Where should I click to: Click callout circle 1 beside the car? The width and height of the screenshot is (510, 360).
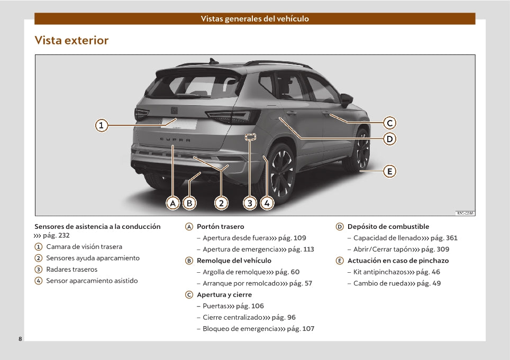(x=102, y=125)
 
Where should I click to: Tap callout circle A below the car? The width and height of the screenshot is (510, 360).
(x=172, y=204)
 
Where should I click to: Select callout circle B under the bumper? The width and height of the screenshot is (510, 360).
(x=189, y=204)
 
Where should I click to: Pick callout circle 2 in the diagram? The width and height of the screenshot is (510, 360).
(x=221, y=204)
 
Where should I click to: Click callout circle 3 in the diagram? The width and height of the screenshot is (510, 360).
(x=250, y=204)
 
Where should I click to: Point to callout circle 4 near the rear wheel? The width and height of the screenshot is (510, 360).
(x=267, y=204)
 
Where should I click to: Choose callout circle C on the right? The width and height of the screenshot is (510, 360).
(x=389, y=123)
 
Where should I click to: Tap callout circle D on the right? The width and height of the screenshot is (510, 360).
(x=389, y=139)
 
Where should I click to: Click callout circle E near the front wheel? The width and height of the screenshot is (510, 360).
(x=389, y=171)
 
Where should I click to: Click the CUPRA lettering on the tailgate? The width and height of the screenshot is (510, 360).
(x=175, y=140)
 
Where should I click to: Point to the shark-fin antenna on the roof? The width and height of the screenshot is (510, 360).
(x=214, y=61)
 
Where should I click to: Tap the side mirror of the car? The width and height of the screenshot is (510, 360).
(x=347, y=100)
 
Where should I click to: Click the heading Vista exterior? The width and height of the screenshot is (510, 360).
(x=71, y=40)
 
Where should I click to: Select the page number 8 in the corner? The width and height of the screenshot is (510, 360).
(x=20, y=339)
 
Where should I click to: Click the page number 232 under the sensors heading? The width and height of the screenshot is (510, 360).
(x=63, y=235)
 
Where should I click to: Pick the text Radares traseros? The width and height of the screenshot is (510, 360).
(x=72, y=270)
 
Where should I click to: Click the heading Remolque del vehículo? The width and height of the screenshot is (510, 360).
(x=234, y=261)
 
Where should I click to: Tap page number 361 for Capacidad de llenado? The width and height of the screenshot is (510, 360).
(x=451, y=238)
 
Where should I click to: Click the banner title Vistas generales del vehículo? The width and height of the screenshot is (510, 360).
(x=254, y=19)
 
